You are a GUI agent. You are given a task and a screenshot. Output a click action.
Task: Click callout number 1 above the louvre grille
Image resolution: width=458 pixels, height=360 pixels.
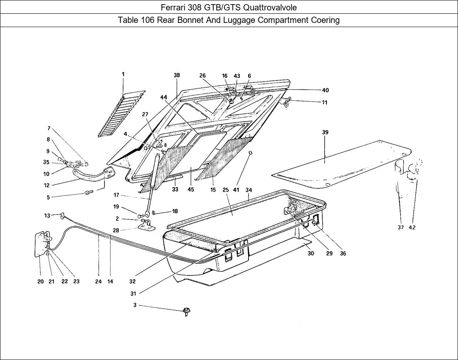[123, 74]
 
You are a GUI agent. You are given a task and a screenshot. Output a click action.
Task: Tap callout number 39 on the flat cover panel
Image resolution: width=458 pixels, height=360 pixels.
[325, 132]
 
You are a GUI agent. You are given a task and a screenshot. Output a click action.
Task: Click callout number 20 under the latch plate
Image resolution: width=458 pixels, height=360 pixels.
[40, 281]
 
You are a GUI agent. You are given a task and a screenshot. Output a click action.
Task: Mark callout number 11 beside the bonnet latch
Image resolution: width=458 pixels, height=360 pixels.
[324, 102]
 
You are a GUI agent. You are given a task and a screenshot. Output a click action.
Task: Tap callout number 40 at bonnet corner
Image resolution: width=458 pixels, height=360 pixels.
[325, 90]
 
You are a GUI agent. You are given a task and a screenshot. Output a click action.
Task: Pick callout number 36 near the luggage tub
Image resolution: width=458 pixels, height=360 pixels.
[343, 253]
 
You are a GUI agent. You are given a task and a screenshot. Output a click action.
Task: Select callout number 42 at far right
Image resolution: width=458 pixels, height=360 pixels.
[412, 227]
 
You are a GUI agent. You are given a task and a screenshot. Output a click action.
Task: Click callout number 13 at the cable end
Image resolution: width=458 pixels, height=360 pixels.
[47, 215]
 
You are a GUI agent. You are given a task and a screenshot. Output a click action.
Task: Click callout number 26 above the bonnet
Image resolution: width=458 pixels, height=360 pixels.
[202, 76]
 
